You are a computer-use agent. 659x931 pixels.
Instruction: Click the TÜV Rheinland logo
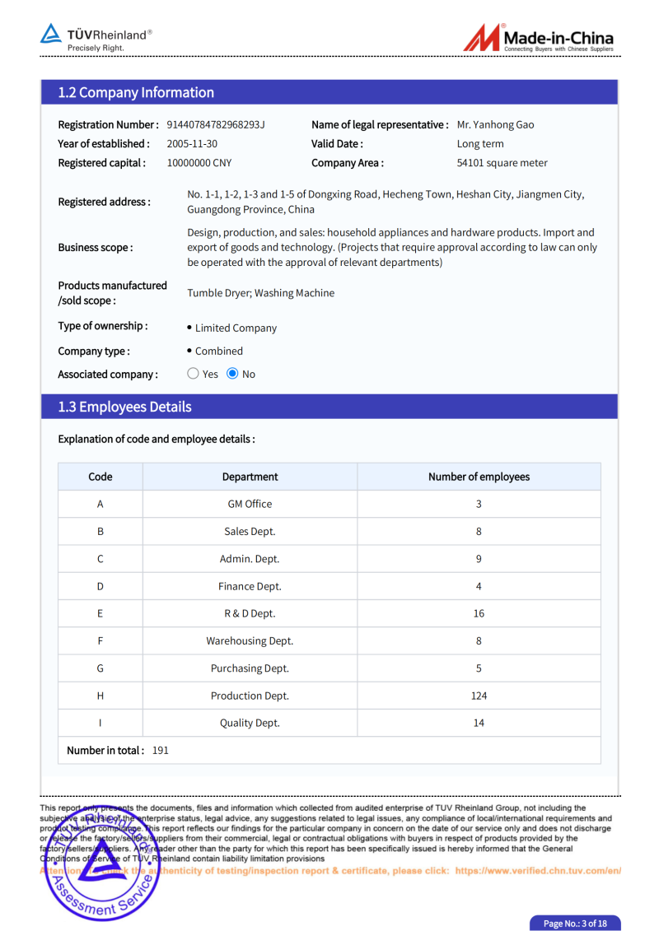(x=96, y=37)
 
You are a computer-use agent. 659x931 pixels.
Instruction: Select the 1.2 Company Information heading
(x=136, y=92)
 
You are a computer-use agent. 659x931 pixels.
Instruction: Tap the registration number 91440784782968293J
(x=216, y=125)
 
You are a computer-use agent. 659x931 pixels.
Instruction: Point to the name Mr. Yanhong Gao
(x=495, y=125)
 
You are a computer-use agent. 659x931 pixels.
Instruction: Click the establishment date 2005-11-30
(x=192, y=144)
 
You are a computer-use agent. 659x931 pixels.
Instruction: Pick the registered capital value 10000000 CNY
(x=199, y=163)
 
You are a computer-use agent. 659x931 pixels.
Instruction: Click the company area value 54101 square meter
(x=502, y=163)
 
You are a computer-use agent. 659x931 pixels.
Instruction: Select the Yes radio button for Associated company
(x=194, y=374)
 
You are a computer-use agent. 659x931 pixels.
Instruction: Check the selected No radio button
(x=232, y=374)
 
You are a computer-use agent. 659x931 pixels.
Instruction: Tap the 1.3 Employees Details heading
(x=124, y=407)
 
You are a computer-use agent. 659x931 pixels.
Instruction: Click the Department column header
(x=250, y=477)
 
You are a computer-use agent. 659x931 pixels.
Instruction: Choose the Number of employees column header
(x=479, y=477)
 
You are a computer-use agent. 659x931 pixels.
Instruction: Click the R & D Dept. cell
(x=250, y=613)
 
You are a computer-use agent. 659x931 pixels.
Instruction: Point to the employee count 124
(x=479, y=696)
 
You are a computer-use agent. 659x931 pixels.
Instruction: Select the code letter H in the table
(x=100, y=696)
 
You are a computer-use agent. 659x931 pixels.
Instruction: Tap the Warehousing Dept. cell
(x=250, y=640)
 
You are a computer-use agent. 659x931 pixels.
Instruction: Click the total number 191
(x=161, y=750)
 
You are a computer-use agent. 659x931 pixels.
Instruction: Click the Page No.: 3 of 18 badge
(x=575, y=924)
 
